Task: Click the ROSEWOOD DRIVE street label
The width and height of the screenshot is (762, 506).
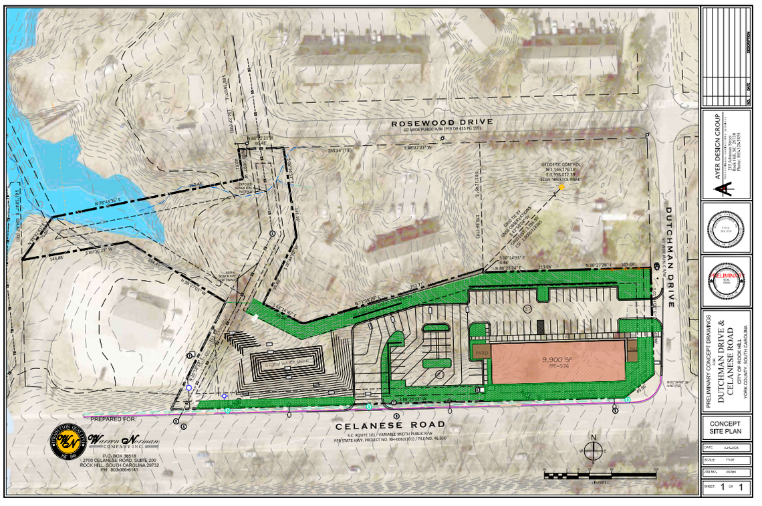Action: tap(442, 122)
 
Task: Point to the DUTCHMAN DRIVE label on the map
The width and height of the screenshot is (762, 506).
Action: tap(671, 257)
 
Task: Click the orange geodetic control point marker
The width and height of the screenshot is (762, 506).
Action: tap(561, 187)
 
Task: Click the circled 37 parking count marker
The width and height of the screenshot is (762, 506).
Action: tap(527, 309)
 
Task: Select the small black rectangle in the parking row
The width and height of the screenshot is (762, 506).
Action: tap(539, 326)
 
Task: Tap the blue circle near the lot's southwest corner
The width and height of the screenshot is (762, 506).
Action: tap(189, 388)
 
